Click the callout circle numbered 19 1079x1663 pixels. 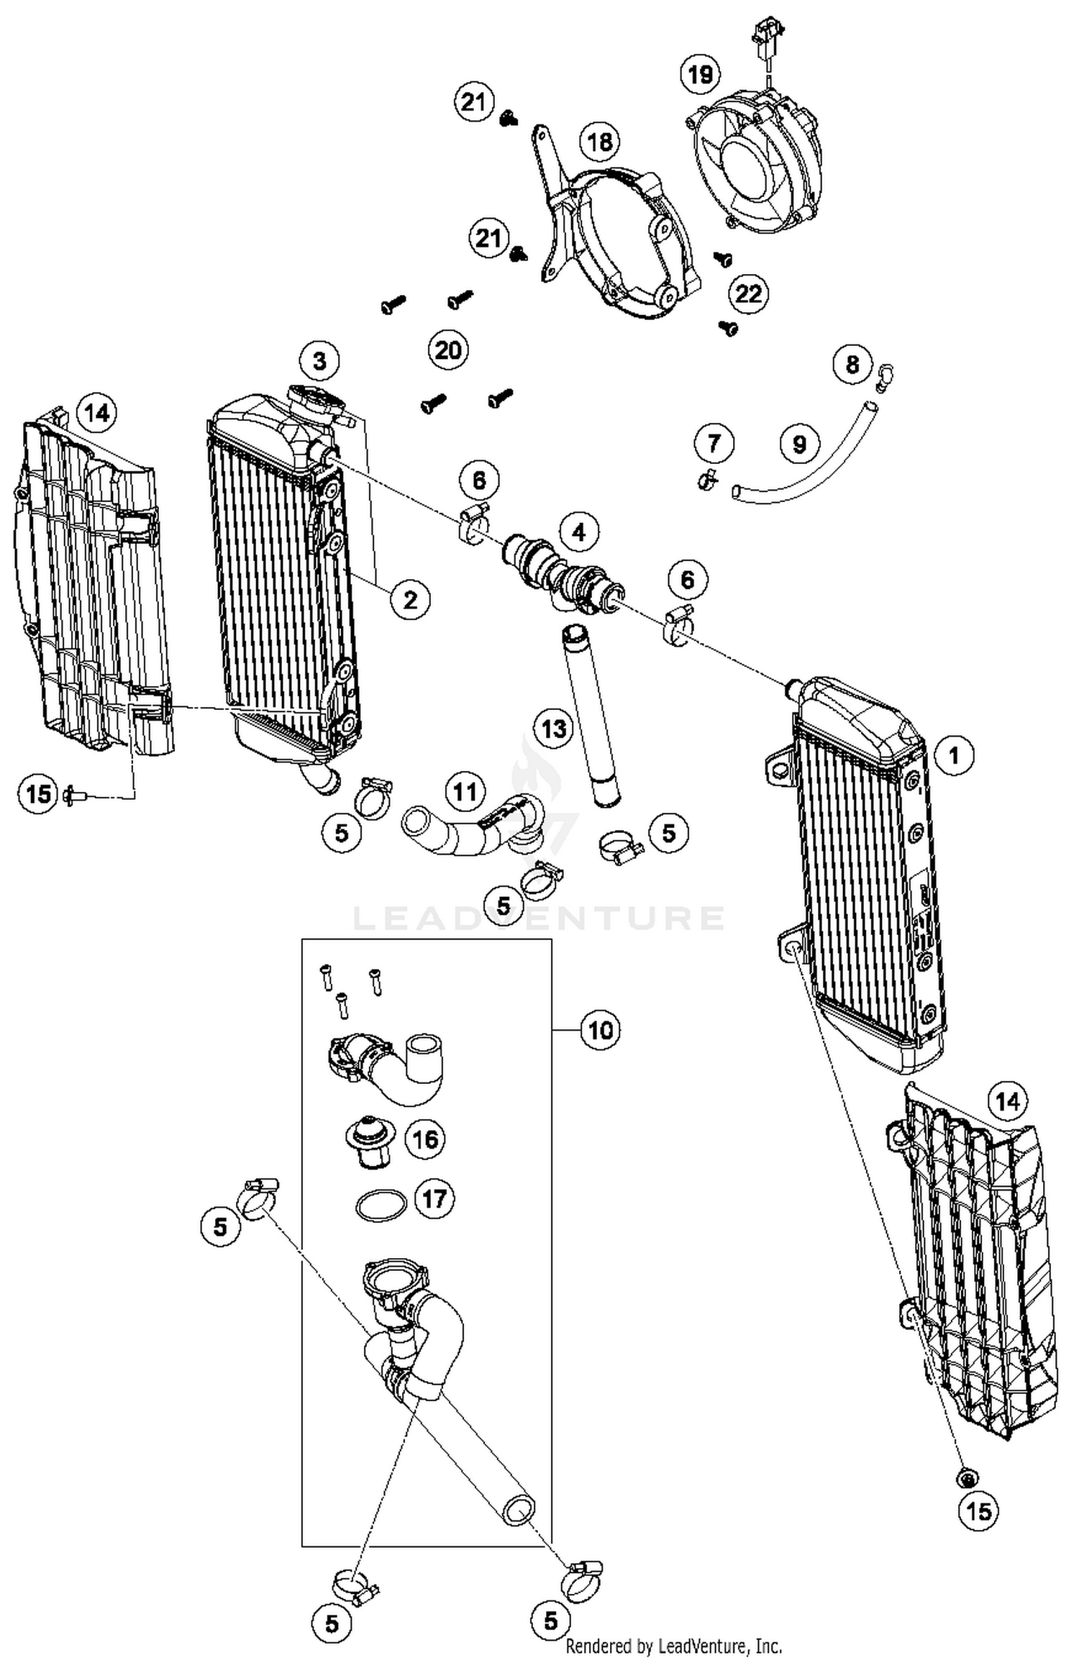(700, 73)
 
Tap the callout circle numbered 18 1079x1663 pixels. (599, 142)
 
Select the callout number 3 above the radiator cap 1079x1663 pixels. (319, 360)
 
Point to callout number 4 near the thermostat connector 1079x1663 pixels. (578, 533)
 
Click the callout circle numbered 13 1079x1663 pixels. (553, 729)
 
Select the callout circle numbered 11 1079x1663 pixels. (465, 792)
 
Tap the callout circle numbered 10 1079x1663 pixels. (601, 1030)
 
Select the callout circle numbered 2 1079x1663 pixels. (410, 599)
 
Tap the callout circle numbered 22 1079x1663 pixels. (749, 293)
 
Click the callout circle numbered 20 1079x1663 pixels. (448, 350)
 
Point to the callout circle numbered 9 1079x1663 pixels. (799, 444)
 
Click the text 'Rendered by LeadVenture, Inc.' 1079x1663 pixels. (673, 1645)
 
